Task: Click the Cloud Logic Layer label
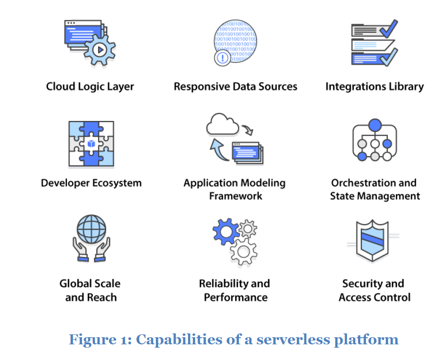[x=90, y=87]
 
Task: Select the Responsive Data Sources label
[x=235, y=87]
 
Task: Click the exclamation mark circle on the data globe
[x=221, y=58]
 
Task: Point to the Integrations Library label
[x=374, y=87]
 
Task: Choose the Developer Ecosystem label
[x=91, y=183]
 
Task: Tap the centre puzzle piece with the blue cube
[x=91, y=143]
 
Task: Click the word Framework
[x=236, y=196]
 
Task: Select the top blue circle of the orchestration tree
[x=375, y=125]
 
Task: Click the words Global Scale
[x=90, y=284]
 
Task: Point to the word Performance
[x=236, y=297]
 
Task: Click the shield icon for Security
[x=375, y=239]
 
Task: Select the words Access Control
[x=375, y=297]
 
